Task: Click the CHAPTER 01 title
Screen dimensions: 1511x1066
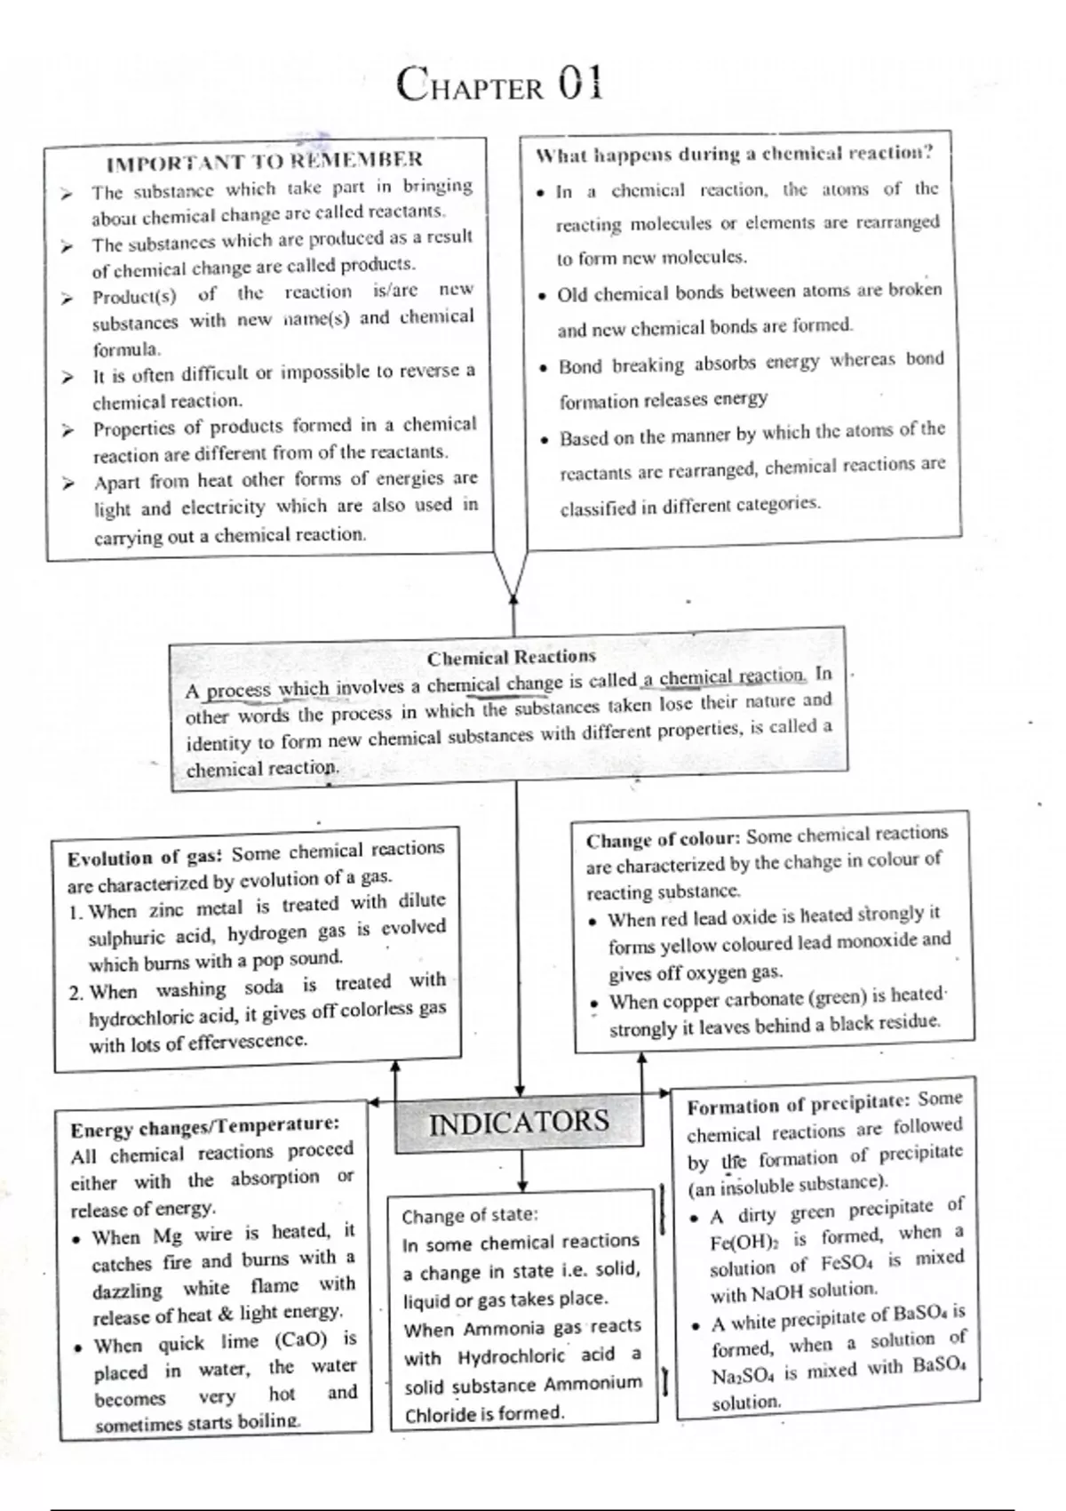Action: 500,85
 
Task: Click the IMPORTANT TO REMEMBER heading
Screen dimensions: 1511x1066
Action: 264,161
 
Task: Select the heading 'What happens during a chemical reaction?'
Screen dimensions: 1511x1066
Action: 735,154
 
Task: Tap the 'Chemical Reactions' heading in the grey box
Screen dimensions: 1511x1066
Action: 512,658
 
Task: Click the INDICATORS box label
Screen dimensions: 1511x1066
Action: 519,1123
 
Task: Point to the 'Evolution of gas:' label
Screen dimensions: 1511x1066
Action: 147,858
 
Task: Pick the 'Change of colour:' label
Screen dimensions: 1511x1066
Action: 663,840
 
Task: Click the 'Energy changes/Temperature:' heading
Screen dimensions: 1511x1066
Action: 205,1126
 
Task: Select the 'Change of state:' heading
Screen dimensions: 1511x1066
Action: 470,1216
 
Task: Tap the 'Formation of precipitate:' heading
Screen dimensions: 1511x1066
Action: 799,1105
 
